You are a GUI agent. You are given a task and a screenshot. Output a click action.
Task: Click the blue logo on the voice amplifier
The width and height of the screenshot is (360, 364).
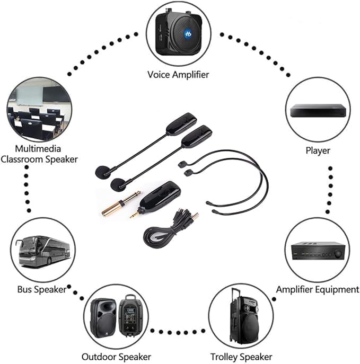pyautogui.click(x=188, y=34)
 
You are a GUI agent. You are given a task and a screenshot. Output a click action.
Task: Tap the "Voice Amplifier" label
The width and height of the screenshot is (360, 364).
pyautogui.click(x=178, y=75)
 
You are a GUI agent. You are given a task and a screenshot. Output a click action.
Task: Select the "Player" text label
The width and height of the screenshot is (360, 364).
pyautogui.click(x=318, y=150)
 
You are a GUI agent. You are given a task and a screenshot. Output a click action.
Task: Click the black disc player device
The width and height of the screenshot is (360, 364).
pyautogui.click(x=318, y=111)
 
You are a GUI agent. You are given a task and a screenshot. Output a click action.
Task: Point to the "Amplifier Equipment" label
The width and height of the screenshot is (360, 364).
pyautogui.click(x=318, y=289)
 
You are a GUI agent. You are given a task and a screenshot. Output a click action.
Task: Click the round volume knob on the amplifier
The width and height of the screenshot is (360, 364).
pyautogui.click(x=338, y=253)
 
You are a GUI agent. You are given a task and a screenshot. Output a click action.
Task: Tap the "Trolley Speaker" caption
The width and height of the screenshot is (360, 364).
pyautogui.click(x=241, y=357)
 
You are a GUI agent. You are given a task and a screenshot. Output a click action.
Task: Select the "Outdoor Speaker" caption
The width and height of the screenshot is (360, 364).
pyautogui.click(x=116, y=357)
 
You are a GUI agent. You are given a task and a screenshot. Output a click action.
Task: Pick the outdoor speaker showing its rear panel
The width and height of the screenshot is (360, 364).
pyautogui.click(x=130, y=316)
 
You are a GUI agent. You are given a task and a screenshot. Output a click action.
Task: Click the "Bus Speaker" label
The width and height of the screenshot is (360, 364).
pyautogui.click(x=42, y=289)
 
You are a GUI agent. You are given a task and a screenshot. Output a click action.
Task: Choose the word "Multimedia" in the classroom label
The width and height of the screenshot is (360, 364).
pyautogui.click(x=38, y=149)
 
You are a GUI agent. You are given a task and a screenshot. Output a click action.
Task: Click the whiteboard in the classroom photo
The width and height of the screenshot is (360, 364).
pyautogui.click(x=30, y=96)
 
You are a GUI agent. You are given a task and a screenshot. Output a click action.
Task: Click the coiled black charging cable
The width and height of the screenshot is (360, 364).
pyautogui.click(x=168, y=230)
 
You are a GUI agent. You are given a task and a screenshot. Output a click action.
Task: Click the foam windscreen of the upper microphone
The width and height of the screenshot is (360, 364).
pyautogui.click(x=103, y=172)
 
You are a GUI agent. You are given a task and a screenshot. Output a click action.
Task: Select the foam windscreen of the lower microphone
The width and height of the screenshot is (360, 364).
pyautogui.click(x=119, y=184)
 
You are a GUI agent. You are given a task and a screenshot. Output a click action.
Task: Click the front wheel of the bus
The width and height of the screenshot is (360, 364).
pyautogui.click(x=49, y=261)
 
